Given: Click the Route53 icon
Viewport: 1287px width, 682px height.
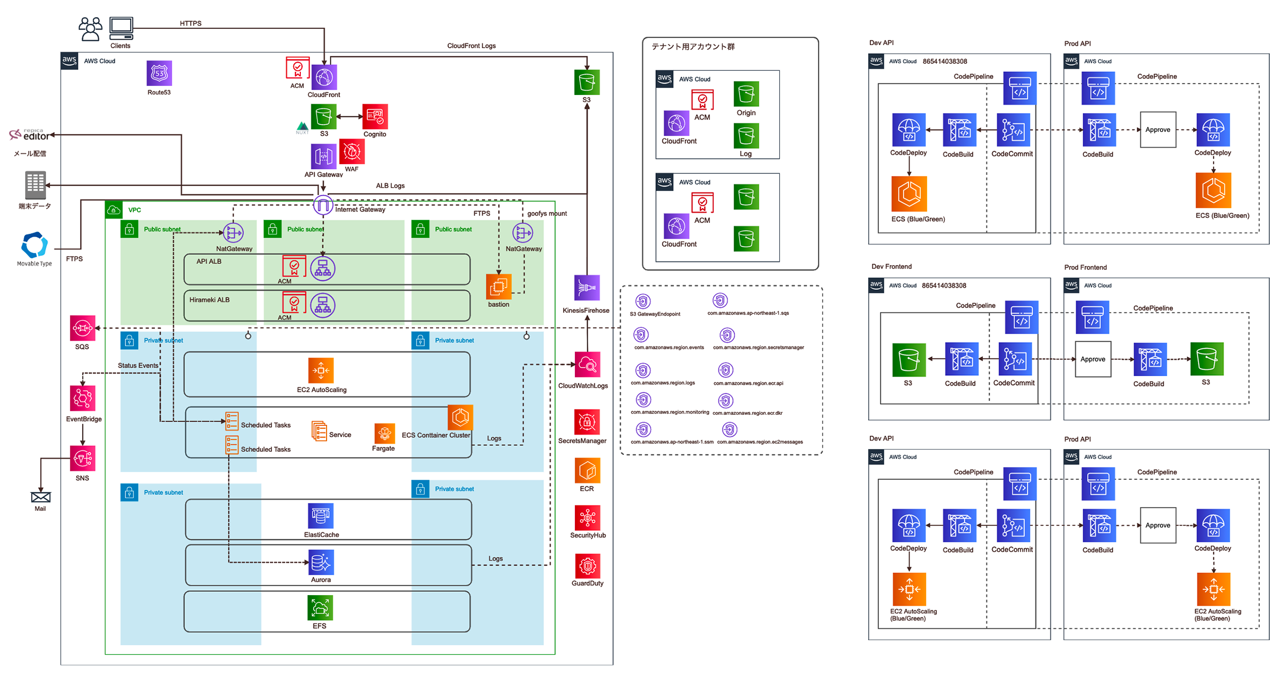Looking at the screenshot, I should click(159, 74).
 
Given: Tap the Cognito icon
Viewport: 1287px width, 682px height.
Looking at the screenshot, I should click(375, 116).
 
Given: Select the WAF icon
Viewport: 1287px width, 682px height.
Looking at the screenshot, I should click(352, 152).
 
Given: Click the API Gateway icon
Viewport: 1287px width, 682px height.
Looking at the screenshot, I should click(323, 156).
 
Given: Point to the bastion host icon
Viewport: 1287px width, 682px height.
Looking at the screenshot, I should click(498, 287).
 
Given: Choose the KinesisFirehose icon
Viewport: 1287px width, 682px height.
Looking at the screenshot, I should click(587, 288).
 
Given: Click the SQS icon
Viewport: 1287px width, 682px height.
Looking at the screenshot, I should click(83, 328).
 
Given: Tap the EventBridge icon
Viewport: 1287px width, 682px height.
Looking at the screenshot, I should click(83, 398).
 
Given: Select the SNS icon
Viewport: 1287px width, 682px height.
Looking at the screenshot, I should click(83, 458).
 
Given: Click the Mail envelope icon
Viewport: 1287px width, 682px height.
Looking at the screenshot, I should click(41, 497).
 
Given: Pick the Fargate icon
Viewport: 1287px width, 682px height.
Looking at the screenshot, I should click(384, 433).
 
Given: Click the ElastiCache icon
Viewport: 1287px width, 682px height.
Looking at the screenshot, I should click(321, 516).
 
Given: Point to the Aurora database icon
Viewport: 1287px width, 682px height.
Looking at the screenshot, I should click(321, 562).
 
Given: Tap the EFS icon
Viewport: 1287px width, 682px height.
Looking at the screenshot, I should click(320, 607).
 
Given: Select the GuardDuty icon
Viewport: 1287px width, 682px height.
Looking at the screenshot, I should click(587, 566).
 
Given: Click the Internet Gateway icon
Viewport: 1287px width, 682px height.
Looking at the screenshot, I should click(323, 204).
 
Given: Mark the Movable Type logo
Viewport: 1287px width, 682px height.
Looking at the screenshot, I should click(34, 245).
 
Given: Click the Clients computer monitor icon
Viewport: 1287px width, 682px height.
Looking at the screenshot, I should click(121, 28).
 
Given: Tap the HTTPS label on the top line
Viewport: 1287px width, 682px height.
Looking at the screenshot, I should click(190, 24).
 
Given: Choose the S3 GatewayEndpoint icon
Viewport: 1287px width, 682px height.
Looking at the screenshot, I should click(643, 301).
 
